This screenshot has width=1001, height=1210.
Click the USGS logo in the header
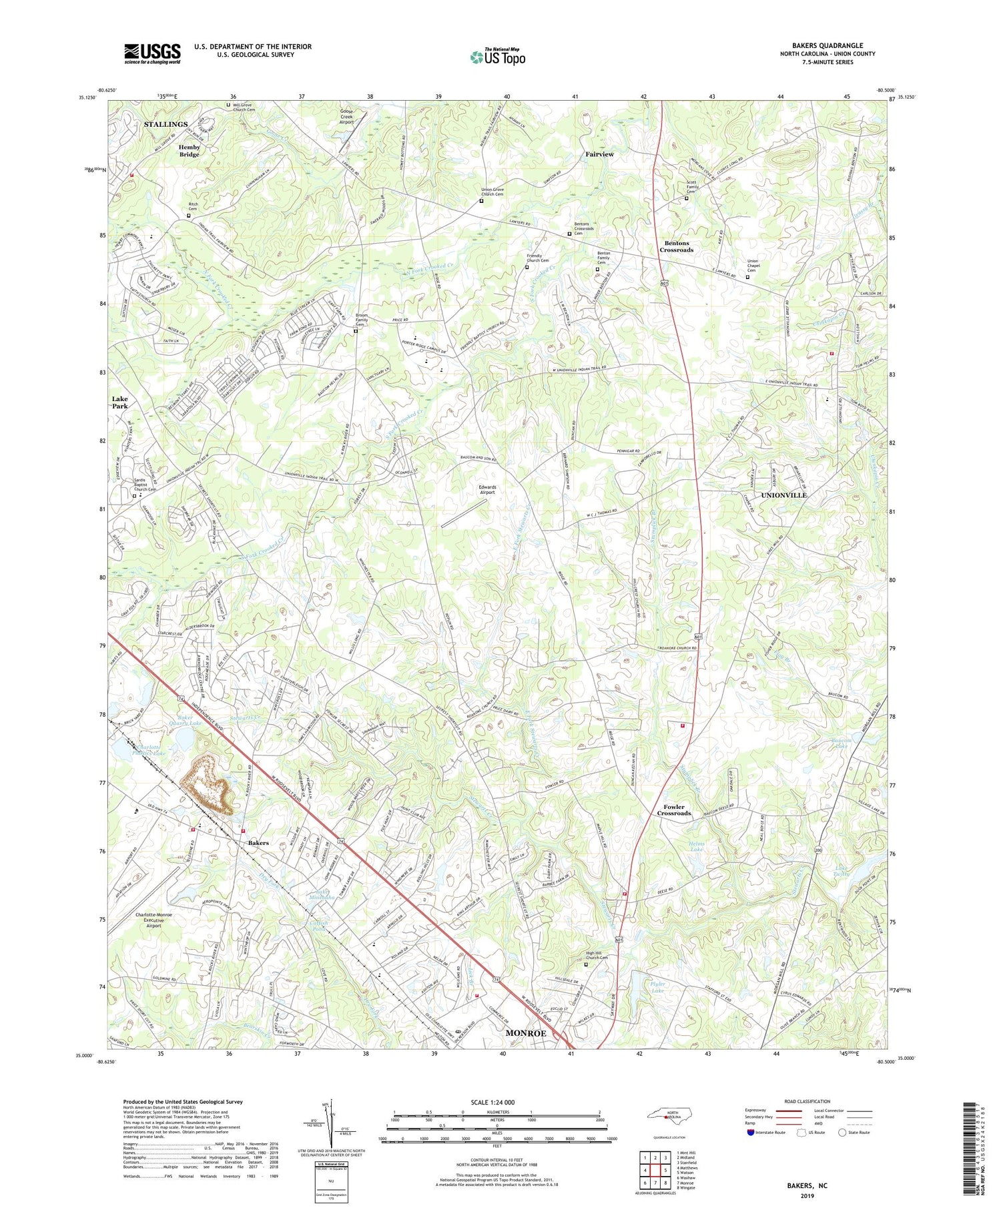[152, 53]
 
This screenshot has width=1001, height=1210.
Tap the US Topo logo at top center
[498, 57]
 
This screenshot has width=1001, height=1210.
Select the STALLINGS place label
[166, 125]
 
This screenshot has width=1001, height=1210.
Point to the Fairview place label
[599, 154]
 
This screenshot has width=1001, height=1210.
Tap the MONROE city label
[526, 1033]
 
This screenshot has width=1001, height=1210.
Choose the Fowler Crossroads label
[673, 810]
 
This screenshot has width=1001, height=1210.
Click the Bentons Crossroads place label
[677, 246]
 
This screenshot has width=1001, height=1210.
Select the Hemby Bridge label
[189, 151]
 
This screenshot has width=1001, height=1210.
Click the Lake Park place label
[120, 402]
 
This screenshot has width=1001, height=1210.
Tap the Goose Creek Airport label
[346, 117]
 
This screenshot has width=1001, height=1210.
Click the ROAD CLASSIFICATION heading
[807, 1101]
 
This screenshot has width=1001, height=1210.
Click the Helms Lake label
[695, 847]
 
